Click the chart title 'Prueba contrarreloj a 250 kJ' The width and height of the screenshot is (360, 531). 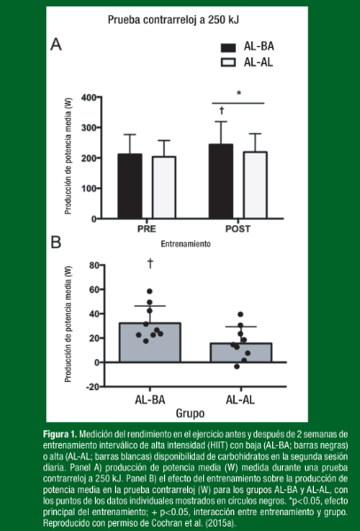[x=174, y=20]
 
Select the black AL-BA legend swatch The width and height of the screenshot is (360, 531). [x=228, y=48]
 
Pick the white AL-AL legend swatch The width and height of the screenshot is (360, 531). [x=228, y=63]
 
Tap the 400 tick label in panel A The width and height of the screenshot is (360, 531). [x=89, y=98]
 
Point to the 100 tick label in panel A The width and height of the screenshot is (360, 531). [x=89, y=188]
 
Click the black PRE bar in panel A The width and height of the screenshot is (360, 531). [x=129, y=186]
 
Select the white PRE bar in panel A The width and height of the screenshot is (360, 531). [x=164, y=187]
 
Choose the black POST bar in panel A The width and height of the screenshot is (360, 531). [x=221, y=181]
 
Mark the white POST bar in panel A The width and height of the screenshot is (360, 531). [x=255, y=185]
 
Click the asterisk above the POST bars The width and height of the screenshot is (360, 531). [x=239, y=93]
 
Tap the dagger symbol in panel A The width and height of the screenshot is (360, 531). [x=222, y=111]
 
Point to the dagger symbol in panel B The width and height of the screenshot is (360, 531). [x=150, y=263]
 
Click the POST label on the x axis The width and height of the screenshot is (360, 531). [x=238, y=229]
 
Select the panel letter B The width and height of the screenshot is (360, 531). [x=56, y=243]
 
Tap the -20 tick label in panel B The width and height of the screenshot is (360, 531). [x=92, y=387]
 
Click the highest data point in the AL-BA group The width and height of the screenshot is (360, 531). [x=150, y=292]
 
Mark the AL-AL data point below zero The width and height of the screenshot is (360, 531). [x=237, y=366]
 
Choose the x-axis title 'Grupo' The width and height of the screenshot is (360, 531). [x=190, y=413]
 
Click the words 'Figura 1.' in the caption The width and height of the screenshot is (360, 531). [x=60, y=434]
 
